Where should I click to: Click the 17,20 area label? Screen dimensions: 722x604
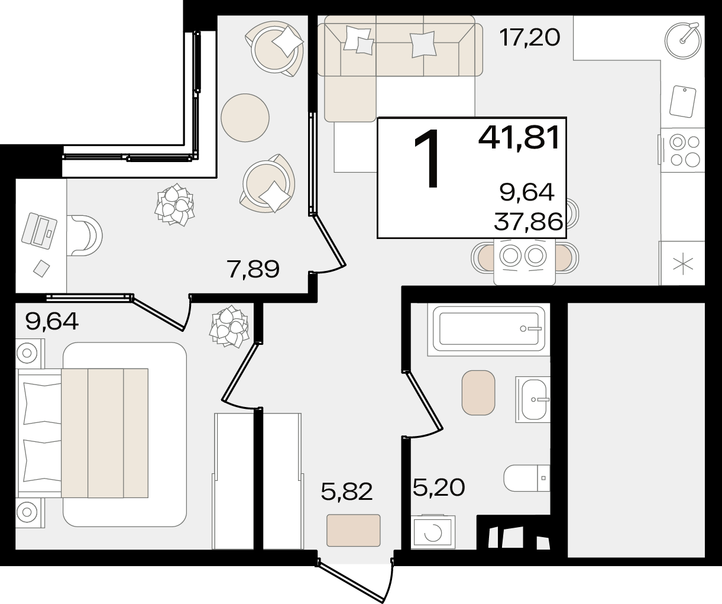point(529,38)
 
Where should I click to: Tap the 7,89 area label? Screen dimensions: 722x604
point(253,269)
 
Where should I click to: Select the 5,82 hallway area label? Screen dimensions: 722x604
point(347,491)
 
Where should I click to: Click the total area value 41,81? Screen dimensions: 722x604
point(519,137)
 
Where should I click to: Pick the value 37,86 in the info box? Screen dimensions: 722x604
point(528,222)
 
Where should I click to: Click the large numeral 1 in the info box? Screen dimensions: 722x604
point(427,159)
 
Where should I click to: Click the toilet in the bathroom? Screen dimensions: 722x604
point(527,478)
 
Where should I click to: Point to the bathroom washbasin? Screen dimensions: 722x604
point(533,399)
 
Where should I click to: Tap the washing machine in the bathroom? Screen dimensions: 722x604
point(433,532)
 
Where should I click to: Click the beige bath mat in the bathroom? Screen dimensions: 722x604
point(478,393)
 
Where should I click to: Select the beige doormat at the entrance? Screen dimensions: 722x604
point(354,530)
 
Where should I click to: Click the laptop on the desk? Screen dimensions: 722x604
point(39,231)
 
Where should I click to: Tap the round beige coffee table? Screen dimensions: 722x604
point(245,118)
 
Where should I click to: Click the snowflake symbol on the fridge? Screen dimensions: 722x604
point(683,265)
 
